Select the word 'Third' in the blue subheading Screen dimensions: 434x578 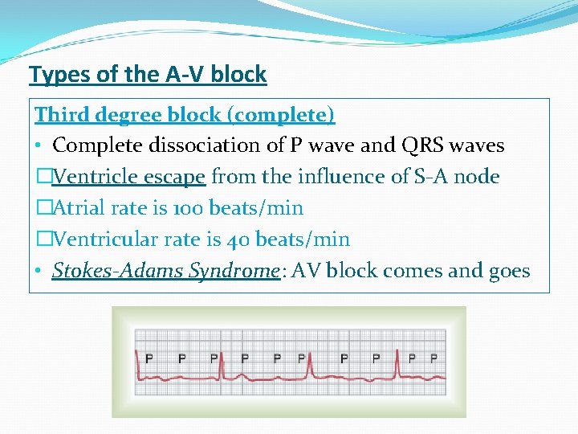click(x=62, y=115)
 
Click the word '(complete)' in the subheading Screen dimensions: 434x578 click(x=281, y=115)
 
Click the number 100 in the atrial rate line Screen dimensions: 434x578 click(x=189, y=208)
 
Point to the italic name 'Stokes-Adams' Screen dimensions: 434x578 click(x=119, y=271)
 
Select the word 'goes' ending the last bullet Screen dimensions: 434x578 click(x=507, y=271)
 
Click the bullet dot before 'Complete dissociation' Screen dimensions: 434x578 click(x=39, y=146)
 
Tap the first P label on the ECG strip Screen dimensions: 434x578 click(x=149, y=358)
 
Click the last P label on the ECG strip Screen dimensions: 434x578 click(x=434, y=358)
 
